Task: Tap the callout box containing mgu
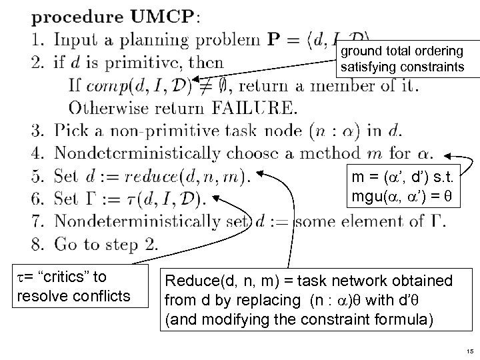point(396,189)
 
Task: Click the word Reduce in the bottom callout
point(188,281)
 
